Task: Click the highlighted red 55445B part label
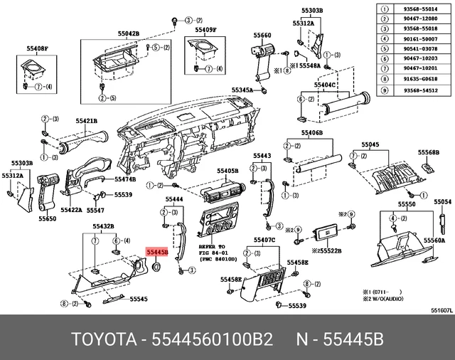(x=156, y=251)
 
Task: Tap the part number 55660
(x=262, y=35)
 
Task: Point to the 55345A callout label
(x=242, y=90)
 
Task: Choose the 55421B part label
(x=87, y=121)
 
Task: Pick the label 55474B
(x=125, y=179)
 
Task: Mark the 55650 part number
(x=47, y=218)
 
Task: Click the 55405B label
(x=227, y=171)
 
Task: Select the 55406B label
(x=311, y=133)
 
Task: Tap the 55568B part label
(x=429, y=152)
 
